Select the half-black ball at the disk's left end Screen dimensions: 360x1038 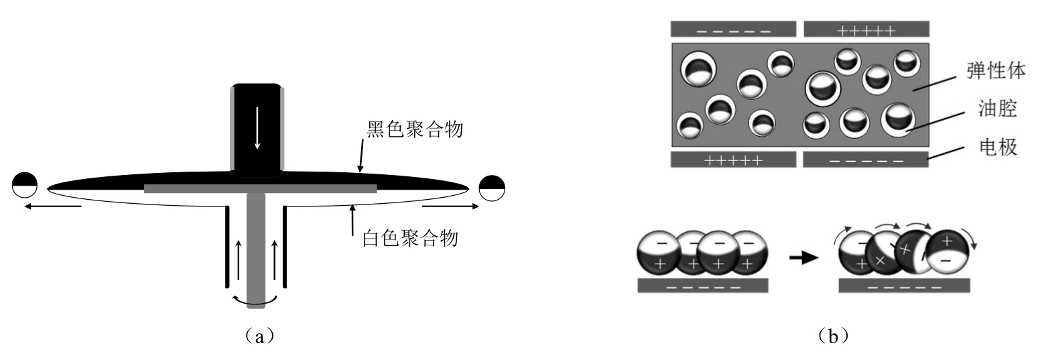click(24, 184)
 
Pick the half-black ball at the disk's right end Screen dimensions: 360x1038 click(493, 186)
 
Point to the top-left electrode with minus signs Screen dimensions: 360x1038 click(733, 29)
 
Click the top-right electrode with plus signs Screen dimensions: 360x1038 click(866, 29)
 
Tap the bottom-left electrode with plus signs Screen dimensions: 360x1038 click(733, 160)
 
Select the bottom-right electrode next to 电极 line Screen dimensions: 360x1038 click(866, 160)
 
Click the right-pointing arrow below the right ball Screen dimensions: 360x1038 click(451, 206)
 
